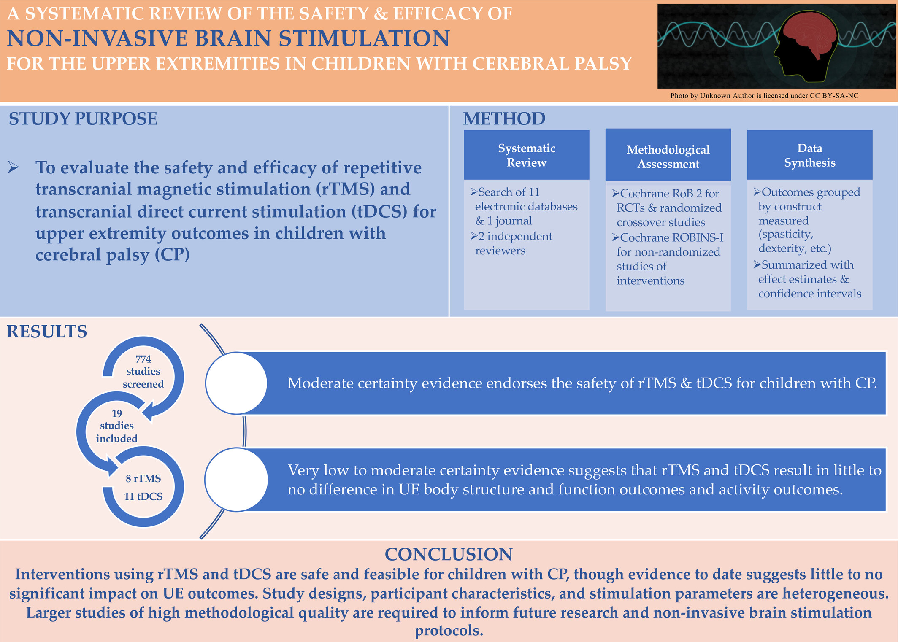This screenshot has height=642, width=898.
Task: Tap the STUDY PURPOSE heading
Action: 83,119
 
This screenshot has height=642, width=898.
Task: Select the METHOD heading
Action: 504,119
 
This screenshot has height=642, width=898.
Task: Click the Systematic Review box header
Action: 526,155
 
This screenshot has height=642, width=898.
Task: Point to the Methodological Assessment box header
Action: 668,155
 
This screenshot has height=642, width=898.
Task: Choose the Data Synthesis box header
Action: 809,155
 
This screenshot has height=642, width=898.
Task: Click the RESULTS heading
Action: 47,332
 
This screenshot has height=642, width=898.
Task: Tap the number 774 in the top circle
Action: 143,359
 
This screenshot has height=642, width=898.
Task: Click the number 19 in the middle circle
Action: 117,413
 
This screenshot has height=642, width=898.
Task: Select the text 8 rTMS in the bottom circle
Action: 143,478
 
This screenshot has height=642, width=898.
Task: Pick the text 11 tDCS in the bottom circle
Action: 143,496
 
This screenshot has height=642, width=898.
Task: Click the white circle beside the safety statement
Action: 236,383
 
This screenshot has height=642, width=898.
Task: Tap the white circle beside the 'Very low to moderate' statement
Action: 236,480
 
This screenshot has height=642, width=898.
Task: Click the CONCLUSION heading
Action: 449,554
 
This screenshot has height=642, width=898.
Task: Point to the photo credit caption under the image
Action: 764,96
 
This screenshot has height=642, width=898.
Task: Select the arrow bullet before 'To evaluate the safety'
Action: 14,167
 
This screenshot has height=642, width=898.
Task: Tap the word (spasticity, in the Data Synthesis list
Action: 786,235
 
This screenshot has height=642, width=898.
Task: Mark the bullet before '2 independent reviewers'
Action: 474,236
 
